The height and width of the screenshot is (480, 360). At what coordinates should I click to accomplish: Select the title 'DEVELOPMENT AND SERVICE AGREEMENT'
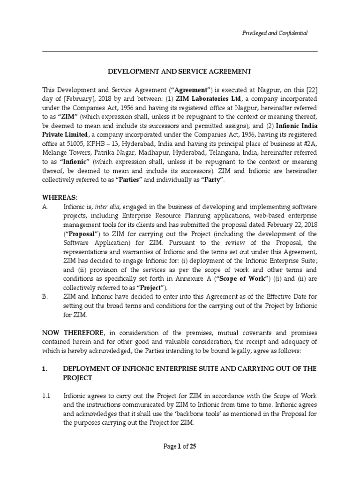point(180,71)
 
